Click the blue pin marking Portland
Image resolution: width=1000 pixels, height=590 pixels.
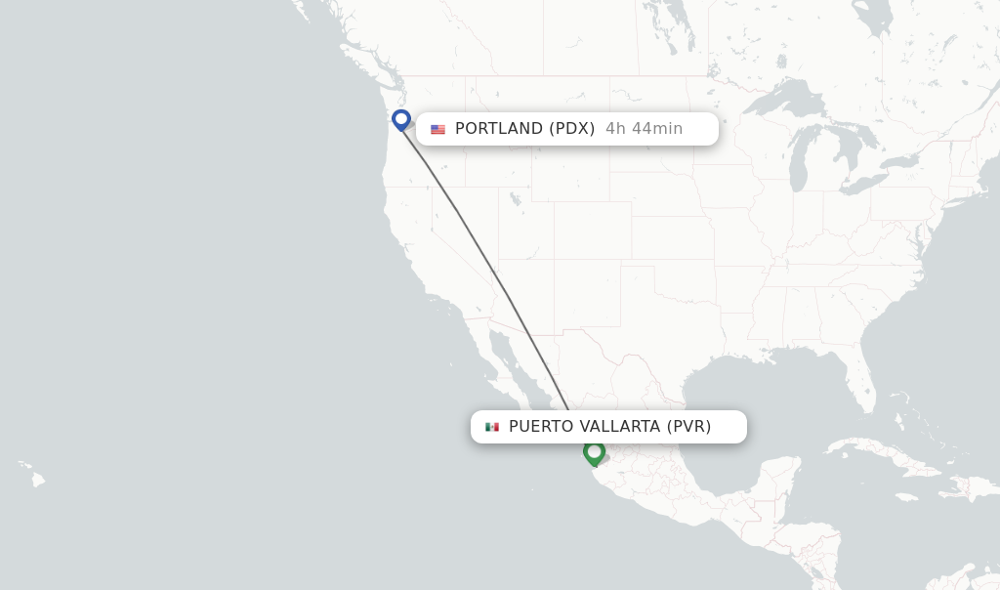coord(400,119)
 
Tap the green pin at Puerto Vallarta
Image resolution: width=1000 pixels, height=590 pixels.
coord(594,452)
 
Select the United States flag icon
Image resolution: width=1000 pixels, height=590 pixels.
coord(437,129)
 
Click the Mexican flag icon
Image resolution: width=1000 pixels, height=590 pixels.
coord(492,427)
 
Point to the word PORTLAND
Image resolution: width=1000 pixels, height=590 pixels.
coord(498,129)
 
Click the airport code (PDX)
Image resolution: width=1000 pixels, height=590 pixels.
coord(572,129)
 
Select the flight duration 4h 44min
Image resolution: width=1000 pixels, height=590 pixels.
coord(644,129)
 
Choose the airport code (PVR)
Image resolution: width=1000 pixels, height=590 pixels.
coord(689,427)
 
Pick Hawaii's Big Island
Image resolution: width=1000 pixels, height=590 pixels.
coord(38,480)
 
